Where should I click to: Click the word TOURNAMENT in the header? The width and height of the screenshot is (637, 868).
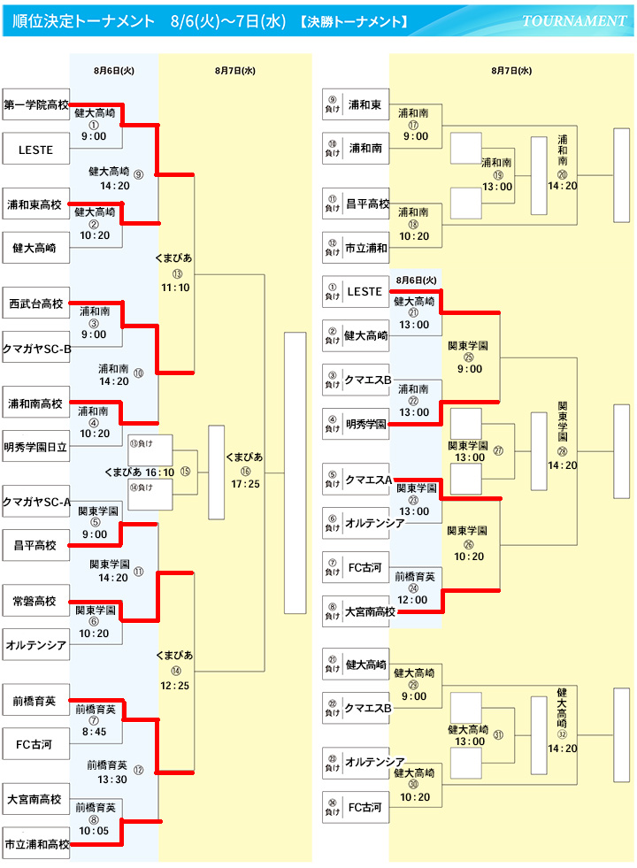click(574, 20)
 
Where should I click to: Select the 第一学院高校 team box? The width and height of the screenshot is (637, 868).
click(36, 104)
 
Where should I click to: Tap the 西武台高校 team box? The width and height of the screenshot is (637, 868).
click(36, 303)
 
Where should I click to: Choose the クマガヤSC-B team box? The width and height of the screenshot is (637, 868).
click(36, 348)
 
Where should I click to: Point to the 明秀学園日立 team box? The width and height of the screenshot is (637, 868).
click(36, 447)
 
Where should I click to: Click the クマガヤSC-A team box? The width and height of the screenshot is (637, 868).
click(36, 502)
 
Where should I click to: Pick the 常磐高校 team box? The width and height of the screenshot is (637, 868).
click(36, 601)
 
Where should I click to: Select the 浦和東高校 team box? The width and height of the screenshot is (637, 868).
click(36, 204)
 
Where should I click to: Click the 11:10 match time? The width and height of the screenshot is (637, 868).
click(175, 288)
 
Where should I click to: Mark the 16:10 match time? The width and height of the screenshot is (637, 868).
click(159, 472)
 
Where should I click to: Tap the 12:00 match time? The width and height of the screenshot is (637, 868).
click(413, 600)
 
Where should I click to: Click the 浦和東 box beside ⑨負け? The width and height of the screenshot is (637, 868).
click(365, 104)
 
